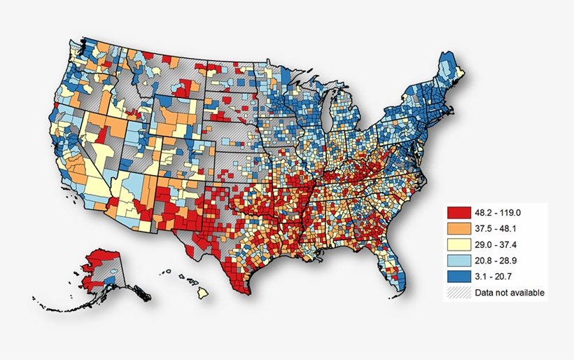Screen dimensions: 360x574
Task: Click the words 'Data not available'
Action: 509,292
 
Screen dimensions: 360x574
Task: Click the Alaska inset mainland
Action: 105,270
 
